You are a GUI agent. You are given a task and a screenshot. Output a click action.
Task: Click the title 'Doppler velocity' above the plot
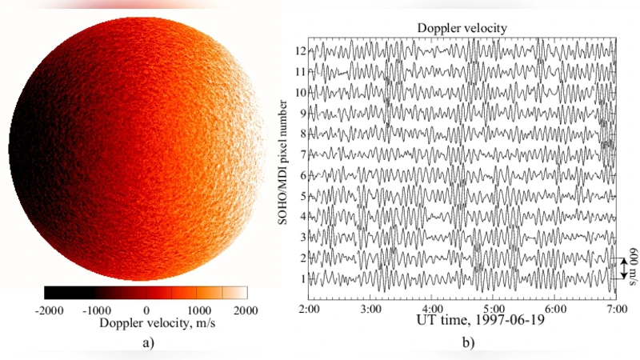click(462, 29)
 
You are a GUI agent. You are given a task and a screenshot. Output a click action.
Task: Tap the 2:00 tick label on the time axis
click(310, 308)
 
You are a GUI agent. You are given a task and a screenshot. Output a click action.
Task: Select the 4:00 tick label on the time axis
click(432, 308)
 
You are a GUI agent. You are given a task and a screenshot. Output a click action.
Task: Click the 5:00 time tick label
click(494, 308)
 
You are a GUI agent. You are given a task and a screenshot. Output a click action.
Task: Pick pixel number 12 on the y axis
click(299, 50)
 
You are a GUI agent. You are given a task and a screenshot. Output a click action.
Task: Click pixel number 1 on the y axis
click(302, 278)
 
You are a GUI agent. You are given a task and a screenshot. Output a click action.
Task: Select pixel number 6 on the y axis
click(302, 175)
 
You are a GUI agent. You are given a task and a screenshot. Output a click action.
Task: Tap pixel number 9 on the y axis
click(302, 113)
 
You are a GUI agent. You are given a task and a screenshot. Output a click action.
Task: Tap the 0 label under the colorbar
click(146, 310)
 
